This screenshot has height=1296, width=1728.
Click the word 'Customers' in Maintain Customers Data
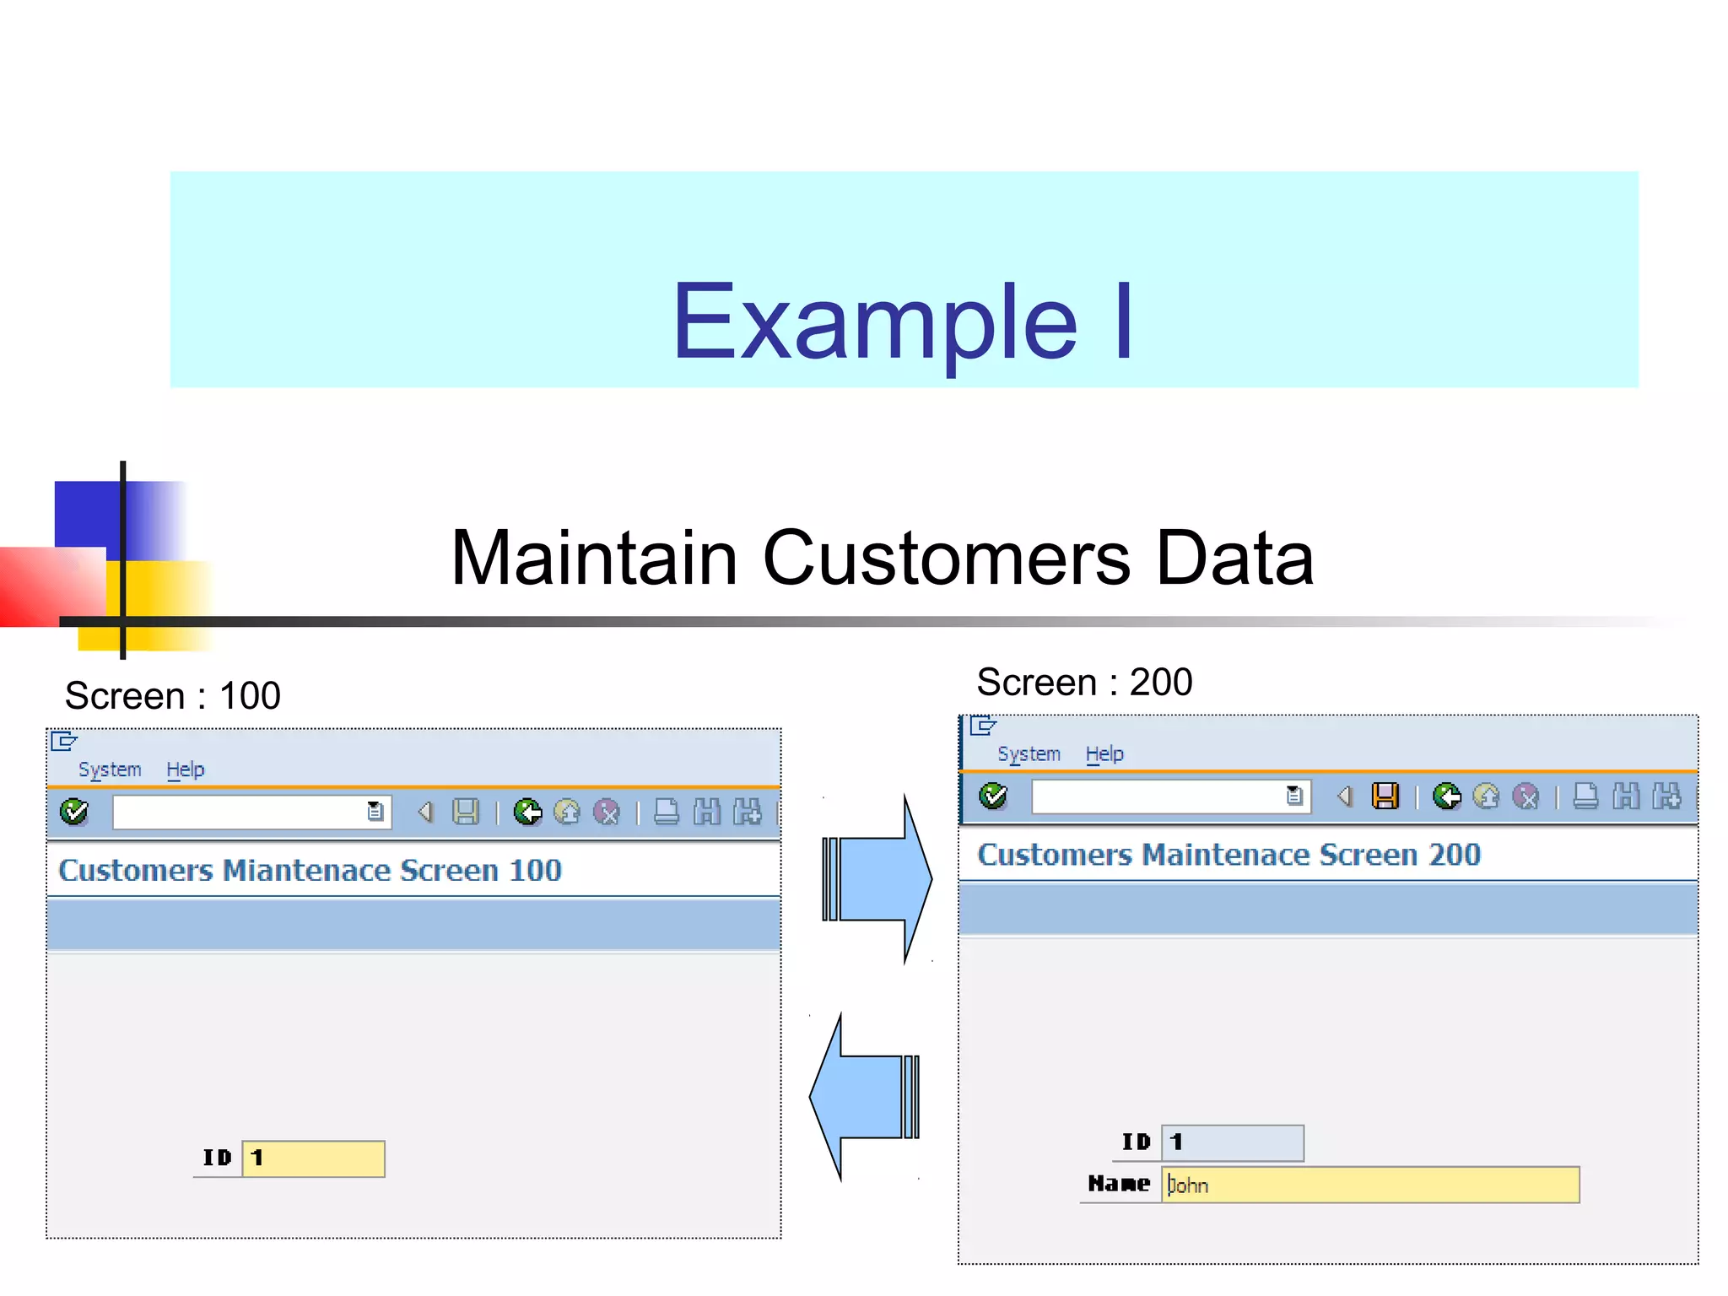[946, 559]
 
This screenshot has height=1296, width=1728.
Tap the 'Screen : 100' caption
[172, 696]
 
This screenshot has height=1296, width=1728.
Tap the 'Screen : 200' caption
[1083, 682]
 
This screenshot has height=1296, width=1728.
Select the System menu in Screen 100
[110, 769]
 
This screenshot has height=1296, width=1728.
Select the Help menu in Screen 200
[1104, 754]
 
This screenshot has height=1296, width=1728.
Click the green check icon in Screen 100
[74, 812]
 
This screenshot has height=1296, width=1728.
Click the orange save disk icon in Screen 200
[1385, 796]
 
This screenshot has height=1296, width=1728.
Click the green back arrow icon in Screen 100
[528, 812]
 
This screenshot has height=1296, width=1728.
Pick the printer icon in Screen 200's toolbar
[1585, 796]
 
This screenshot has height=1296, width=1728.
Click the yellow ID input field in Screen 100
[314, 1158]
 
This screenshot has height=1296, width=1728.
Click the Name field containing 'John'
[1370, 1185]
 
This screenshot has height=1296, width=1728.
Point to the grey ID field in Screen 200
[1233, 1142]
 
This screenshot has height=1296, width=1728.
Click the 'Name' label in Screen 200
[1119, 1184]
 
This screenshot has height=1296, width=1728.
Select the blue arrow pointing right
[877, 879]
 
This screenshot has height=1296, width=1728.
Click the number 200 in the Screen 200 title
[1454, 855]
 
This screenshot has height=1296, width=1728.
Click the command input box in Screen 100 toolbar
[240, 813]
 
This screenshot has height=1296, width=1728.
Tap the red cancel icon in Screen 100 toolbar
[607, 812]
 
